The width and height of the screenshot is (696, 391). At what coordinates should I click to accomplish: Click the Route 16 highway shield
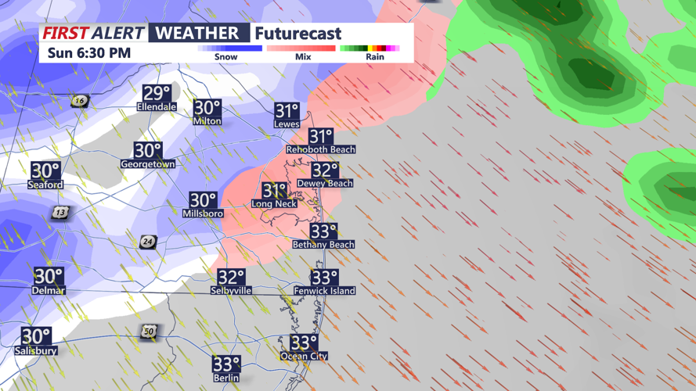pos(79,101)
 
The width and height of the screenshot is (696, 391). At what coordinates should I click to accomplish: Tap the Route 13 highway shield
pos(60,213)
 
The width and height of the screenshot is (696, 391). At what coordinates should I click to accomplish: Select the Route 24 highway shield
pos(148,242)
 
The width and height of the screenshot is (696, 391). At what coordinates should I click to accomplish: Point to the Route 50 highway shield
pos(149,332)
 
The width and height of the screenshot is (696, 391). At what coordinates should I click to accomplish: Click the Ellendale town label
pos(157,107)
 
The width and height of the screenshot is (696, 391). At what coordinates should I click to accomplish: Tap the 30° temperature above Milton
pos(207,108)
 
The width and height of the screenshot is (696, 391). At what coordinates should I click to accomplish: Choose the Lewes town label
pos(287,124)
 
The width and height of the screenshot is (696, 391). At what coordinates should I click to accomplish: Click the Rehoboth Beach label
pos(320,149)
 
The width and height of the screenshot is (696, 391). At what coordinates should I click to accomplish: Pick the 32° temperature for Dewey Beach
pos(324,170)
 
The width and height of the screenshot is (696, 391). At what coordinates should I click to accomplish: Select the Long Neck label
pos(274,204)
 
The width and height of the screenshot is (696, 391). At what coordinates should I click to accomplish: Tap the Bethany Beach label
pos(323,245)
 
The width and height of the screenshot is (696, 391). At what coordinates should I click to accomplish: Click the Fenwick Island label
pos(324,291)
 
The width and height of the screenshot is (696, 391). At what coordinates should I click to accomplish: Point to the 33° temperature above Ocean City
pos(304,343)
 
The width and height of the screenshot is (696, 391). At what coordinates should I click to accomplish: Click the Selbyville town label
pos(231,291)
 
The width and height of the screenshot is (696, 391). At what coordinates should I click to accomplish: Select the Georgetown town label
pos(148,164)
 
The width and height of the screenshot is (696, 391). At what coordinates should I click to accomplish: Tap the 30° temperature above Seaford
pos(45,170)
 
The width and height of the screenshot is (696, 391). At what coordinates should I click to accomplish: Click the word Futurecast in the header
pos(298,34)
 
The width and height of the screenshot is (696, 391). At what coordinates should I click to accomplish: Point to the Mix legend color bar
pos(301,48)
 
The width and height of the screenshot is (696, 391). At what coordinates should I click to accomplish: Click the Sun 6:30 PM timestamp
pos(88,53)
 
